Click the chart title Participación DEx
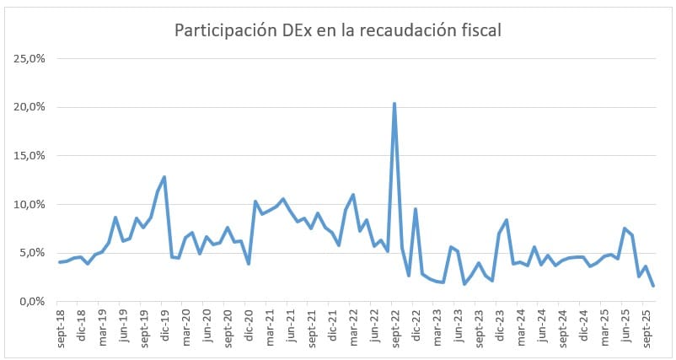click(x=337, y=30)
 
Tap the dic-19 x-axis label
click(x=166, y=325)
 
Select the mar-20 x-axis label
click(x=186, y=326)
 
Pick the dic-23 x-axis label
click(x=502, y=325)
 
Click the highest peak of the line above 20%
click(x=394, y=104)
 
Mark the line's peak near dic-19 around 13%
click(x=164, y=177)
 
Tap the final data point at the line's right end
click(x=653, y=286)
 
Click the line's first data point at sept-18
click(x=59, y=262)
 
